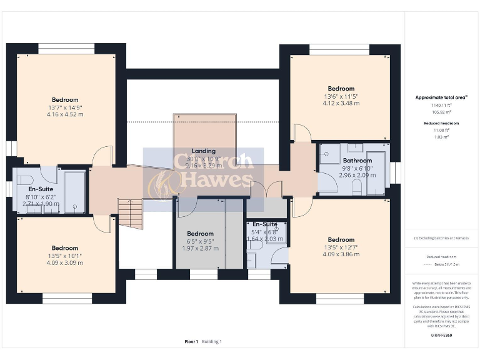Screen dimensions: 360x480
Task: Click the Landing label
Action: coord(204,151)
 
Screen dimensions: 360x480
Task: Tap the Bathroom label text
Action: coord(357,161)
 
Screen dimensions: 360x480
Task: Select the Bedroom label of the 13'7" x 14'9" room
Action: coord(65,100)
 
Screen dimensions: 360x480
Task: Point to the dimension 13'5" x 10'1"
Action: coord(65,256)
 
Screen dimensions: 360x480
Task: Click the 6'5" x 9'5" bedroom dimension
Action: coord(200,241)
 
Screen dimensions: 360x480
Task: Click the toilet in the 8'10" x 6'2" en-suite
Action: coord(24,181)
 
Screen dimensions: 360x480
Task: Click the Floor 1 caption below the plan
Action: coord(191,342)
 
